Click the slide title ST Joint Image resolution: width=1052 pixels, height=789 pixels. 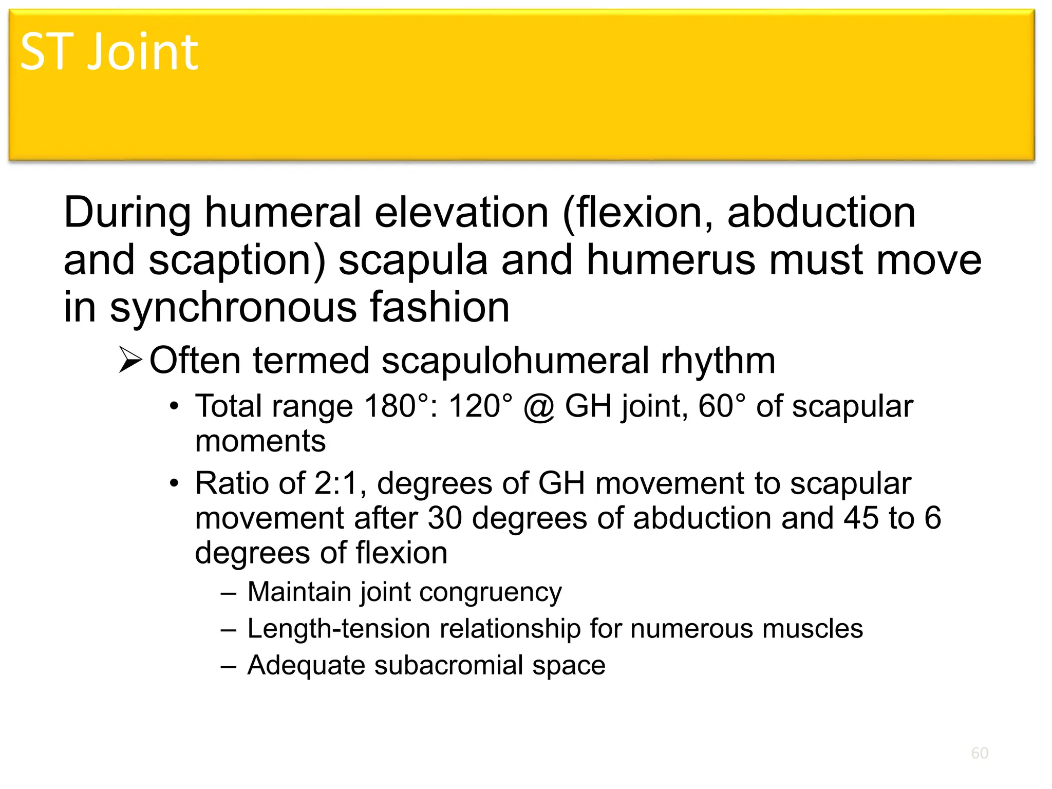pos(109,52)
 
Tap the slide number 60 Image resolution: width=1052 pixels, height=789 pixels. pos(980,753)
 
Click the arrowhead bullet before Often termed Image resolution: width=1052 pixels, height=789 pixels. pos(130,360)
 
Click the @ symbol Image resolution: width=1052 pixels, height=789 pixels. pos(539,407)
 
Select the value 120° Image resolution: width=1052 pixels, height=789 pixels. pos(480,406)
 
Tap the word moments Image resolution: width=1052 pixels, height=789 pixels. pos(260,441)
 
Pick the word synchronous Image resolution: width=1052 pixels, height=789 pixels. pos(233,307)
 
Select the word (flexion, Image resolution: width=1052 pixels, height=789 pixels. pos(638,213)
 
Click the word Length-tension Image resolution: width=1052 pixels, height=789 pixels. pos(339,629)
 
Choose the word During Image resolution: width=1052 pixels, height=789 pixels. pos(127,213)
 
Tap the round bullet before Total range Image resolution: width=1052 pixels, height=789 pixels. pos(175,406)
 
